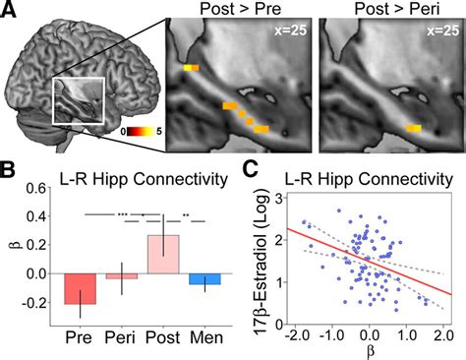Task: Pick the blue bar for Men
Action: (x=204, y=278)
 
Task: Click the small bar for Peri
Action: (x=121, y=276)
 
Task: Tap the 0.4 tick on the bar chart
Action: (x=43, y=216)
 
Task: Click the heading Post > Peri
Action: (x=390, y=11)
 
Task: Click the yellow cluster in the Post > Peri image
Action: (x=414, y=128)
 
